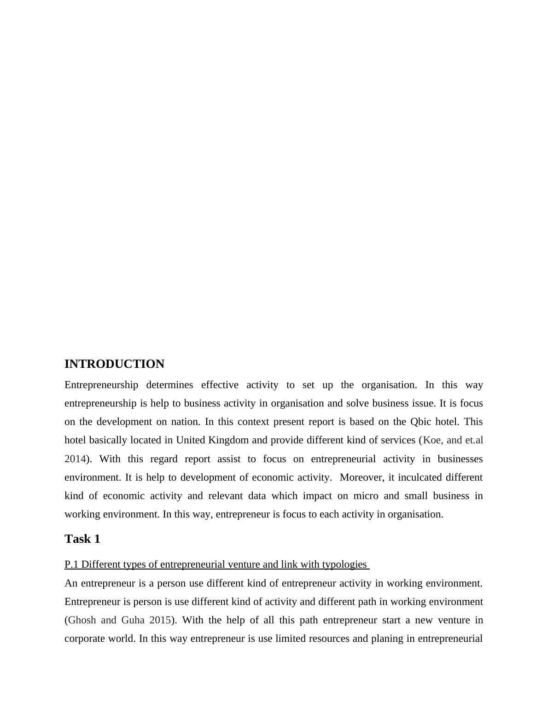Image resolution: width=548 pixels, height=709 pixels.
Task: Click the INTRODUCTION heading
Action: pyautogui.click(x=114, y=364)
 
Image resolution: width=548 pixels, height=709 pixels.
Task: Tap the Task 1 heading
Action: pyautogui.click(x=82, y=539)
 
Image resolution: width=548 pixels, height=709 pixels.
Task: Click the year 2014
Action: pyautogui.click(x=75, y=459)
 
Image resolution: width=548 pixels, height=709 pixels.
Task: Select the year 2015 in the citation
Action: pyautogui.click(x=160, y=620)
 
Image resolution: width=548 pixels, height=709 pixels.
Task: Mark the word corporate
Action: pyautogui.click(x=85, y=639)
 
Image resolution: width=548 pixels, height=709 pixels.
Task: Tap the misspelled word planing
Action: pyautogui.click(x=387, y=639)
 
